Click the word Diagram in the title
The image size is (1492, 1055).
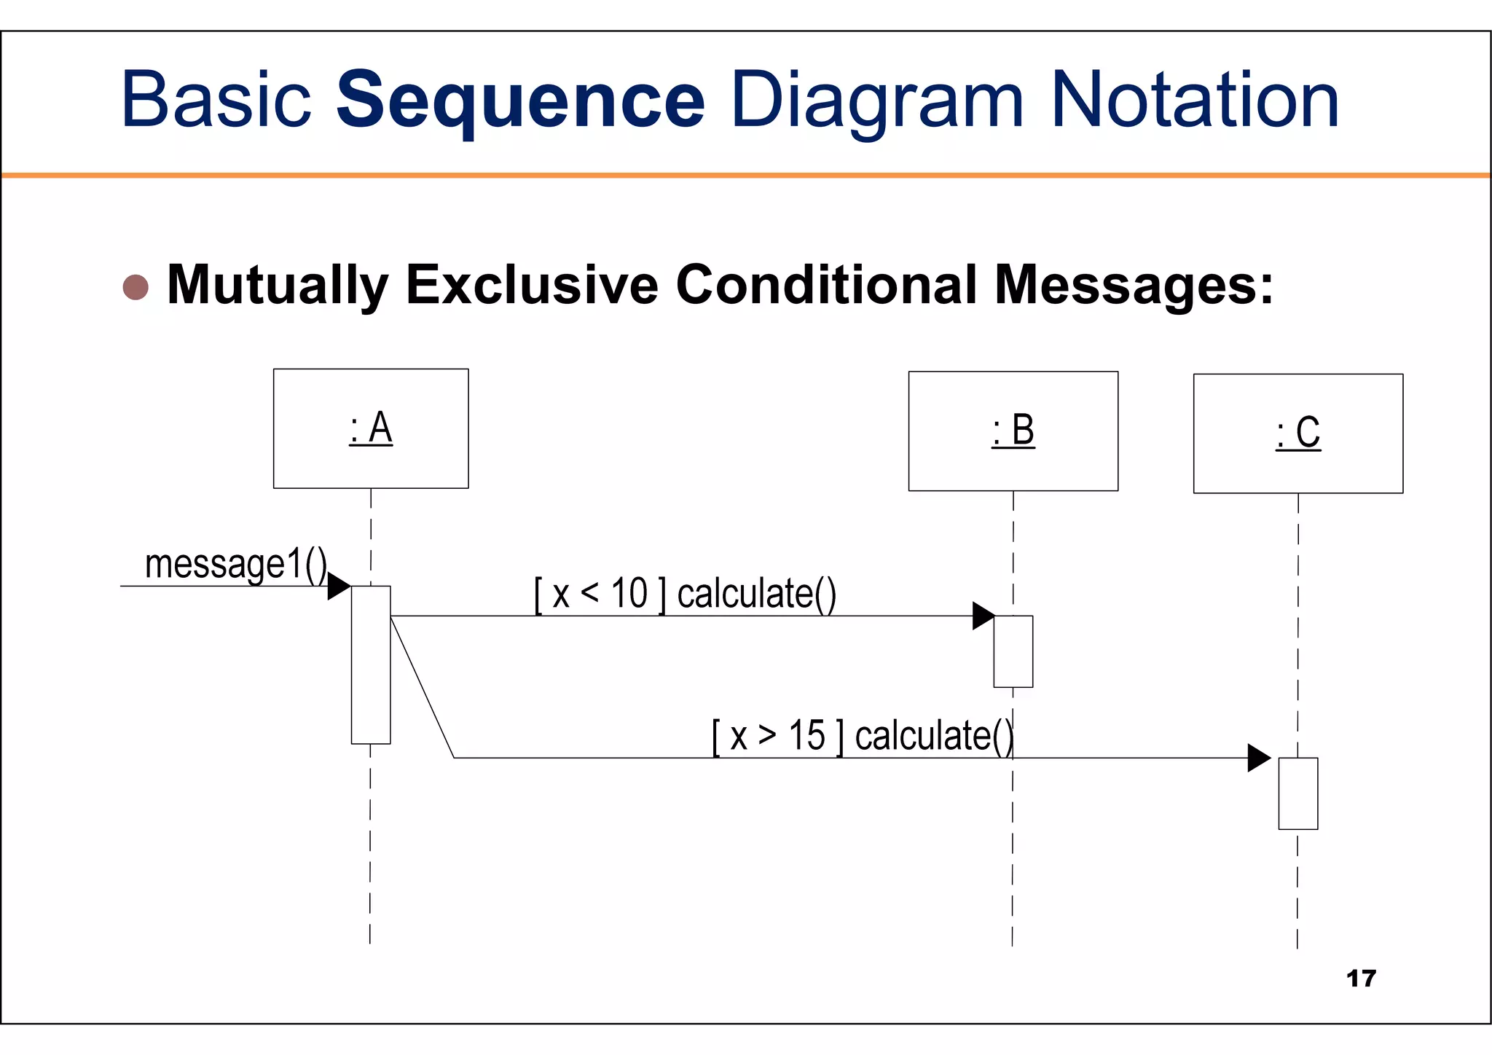877,102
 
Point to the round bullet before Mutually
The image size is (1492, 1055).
136,287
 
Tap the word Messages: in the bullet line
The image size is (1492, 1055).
1134,286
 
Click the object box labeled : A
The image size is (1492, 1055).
371,428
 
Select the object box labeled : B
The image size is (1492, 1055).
1013,431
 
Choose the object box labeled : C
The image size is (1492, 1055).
1297,434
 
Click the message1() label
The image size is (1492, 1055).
235,565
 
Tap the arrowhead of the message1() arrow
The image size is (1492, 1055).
339,586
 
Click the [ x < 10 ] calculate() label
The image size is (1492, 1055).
685,594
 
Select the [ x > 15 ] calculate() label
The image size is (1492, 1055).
863,736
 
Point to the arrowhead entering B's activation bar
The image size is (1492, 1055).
983,616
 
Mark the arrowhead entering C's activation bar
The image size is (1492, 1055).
1258,758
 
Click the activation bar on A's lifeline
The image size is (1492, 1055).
371,664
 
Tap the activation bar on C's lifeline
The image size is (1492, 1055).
1297,793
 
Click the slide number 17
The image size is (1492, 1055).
1361,978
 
